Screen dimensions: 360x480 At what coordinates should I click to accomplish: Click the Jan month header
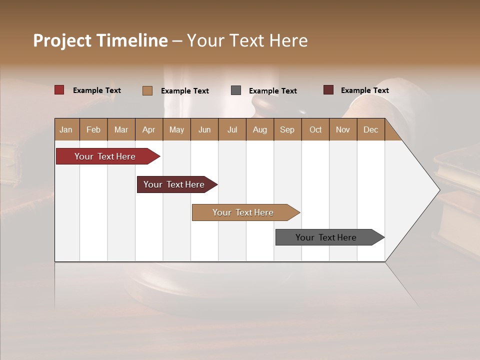coord(66,129)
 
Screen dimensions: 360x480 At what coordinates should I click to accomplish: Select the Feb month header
coord(93,129)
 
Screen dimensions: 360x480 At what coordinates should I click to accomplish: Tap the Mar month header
coord(121,129)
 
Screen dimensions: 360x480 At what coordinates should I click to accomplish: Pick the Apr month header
coord(149,129)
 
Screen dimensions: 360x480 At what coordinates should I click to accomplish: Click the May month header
coord(176,129)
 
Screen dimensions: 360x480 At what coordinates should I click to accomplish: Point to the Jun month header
coord(204,129)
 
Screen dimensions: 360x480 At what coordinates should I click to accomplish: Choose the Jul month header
coord(232,129)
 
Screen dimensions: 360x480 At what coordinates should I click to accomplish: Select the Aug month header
coord(260,129)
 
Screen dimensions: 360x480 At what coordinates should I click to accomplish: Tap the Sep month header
coord(287,129)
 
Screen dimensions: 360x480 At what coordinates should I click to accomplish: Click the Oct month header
coord(315,129)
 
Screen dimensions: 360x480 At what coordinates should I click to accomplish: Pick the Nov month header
coord(343,129)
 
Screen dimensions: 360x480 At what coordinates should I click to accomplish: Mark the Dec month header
coord(371,129)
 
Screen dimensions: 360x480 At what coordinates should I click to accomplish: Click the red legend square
coord(59,90)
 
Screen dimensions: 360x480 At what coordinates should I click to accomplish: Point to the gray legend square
coord(236,90)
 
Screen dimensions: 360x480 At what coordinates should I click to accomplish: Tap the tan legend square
coord(147,90)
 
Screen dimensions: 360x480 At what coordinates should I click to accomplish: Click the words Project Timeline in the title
coord(100,40)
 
